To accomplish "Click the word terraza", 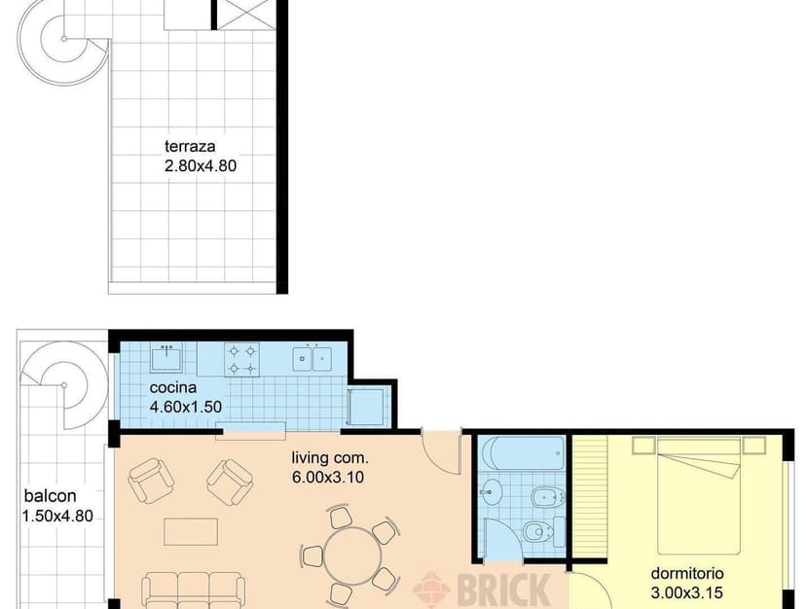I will (x=189, y=147).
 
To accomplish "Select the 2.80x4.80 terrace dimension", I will (x=201, y=166).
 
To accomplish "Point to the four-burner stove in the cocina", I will (x=242, y=358).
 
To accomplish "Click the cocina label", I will (x=172, y=388).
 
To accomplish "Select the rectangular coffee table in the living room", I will (x=191, y=531).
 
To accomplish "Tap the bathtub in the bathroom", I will (x=522, y=453).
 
